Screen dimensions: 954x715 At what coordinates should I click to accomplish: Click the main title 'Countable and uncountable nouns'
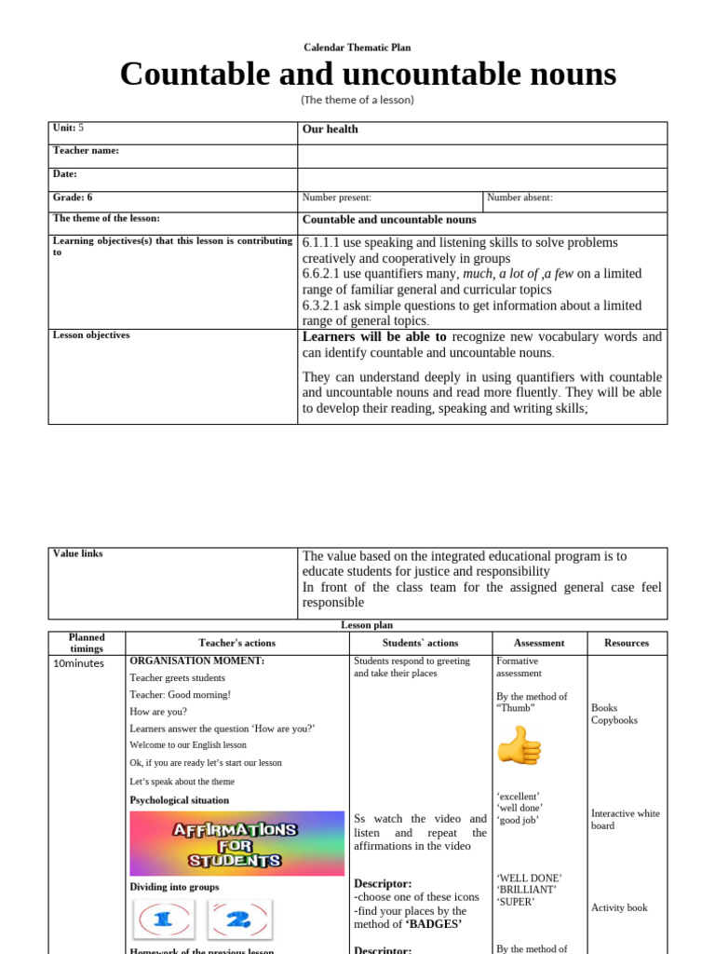[x=368, y=74]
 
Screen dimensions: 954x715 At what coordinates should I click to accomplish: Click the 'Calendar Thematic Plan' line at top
[x=357, y=48]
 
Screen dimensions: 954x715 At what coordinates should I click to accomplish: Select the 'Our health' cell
[x=331, y=129]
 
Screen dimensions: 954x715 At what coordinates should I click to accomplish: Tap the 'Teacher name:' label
[x=86, y=151]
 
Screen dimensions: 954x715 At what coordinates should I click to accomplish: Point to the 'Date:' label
[x=65, y=174]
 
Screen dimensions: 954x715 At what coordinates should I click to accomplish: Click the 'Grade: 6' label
[x=73, y=198]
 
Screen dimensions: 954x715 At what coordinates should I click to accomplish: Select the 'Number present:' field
[x=336, y=198]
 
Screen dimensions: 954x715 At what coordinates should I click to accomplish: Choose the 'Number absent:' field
[x=519, y=198]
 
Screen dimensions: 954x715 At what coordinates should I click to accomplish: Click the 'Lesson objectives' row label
[x=91, y=335]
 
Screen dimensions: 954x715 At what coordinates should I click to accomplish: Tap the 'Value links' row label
[x=78, y=553]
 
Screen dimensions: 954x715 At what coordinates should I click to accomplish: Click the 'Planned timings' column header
[x=87, y=643]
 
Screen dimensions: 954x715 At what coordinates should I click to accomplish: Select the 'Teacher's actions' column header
[x=236, y=643]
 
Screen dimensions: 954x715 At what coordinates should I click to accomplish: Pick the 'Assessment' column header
[x=539, y=643]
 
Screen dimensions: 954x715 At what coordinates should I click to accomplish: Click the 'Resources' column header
[x=627, y=643]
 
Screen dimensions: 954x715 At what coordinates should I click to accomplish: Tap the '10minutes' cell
[x=78, y=663]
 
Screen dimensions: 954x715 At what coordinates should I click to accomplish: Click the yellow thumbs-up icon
[x=519, y=746]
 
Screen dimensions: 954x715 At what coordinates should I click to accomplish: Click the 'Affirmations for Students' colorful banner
[x=236, y=843]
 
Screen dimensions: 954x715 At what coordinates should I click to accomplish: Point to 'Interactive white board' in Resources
[x=625, y=820]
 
